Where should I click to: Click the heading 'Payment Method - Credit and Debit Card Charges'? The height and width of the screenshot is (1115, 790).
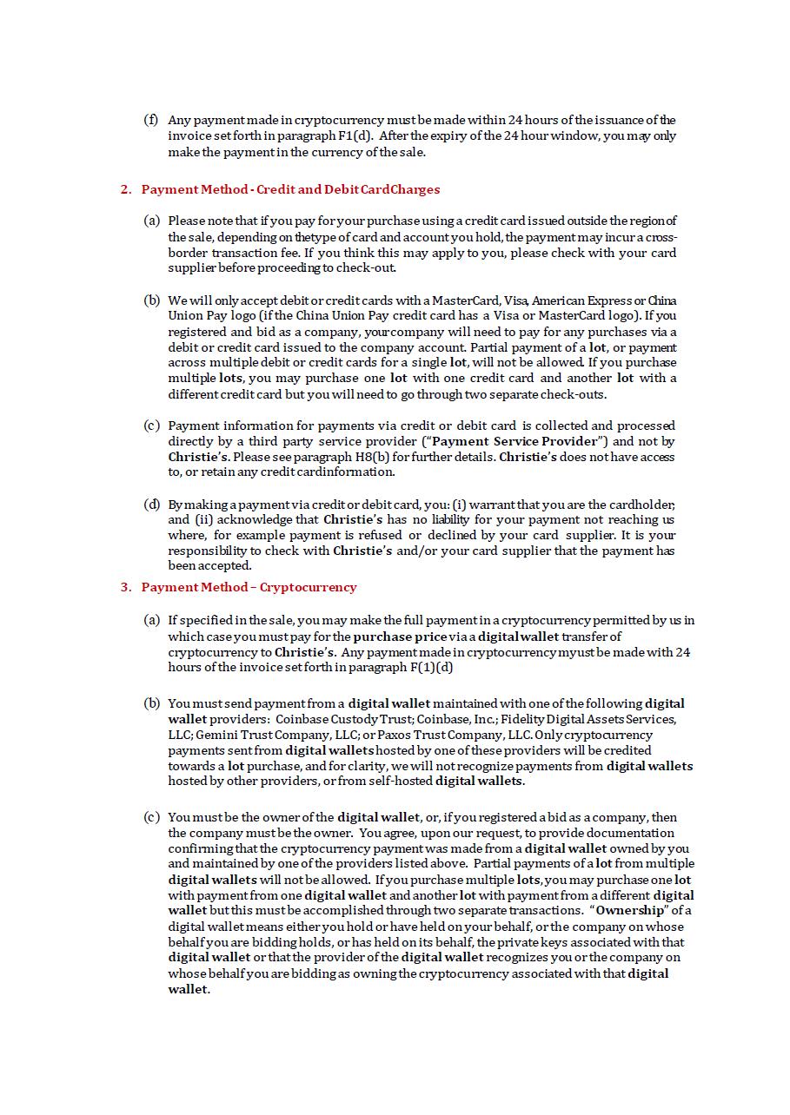pos(290,189)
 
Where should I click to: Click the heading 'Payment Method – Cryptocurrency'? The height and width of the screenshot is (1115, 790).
pos(249,587)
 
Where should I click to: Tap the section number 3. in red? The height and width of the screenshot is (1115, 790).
pos(126,587)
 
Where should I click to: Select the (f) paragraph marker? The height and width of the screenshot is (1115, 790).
pos(151,120)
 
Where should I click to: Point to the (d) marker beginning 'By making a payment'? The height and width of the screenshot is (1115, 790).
pos(151,505)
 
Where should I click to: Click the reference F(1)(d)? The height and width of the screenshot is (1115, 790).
pos(431,668)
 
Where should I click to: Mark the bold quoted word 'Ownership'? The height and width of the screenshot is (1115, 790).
pos(631,911)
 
